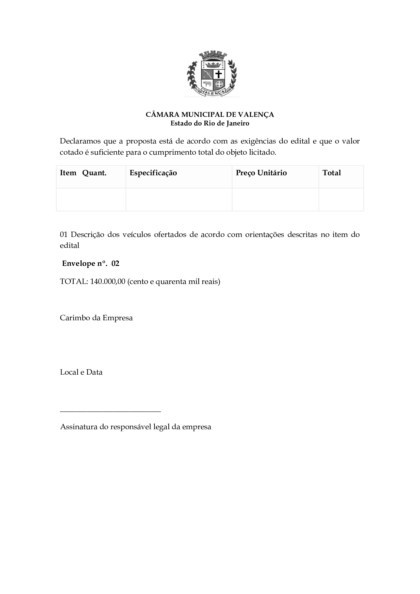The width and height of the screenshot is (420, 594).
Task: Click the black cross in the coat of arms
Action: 219,74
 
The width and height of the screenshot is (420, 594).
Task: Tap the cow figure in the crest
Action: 207,84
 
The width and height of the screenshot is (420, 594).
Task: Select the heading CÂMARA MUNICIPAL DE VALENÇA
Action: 210,114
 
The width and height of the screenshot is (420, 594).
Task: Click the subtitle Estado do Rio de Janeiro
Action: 210,123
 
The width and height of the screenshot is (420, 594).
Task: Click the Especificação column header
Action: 153,173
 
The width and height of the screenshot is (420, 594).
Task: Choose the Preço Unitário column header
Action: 261,173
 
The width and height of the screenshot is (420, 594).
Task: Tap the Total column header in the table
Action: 332,173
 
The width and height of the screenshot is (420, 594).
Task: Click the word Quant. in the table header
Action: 94,173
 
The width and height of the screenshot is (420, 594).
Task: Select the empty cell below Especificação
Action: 179,199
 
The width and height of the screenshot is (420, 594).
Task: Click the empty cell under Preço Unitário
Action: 275,199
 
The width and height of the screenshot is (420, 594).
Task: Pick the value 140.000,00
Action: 108,281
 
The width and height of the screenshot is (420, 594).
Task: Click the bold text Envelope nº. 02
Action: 91,264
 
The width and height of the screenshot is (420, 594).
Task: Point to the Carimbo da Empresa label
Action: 96,318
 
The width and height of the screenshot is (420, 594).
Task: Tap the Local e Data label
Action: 81,372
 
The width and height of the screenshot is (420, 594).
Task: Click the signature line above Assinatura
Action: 110,411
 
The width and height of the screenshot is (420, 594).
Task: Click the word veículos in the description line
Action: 136,235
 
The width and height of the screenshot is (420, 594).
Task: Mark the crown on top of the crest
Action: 213,55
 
